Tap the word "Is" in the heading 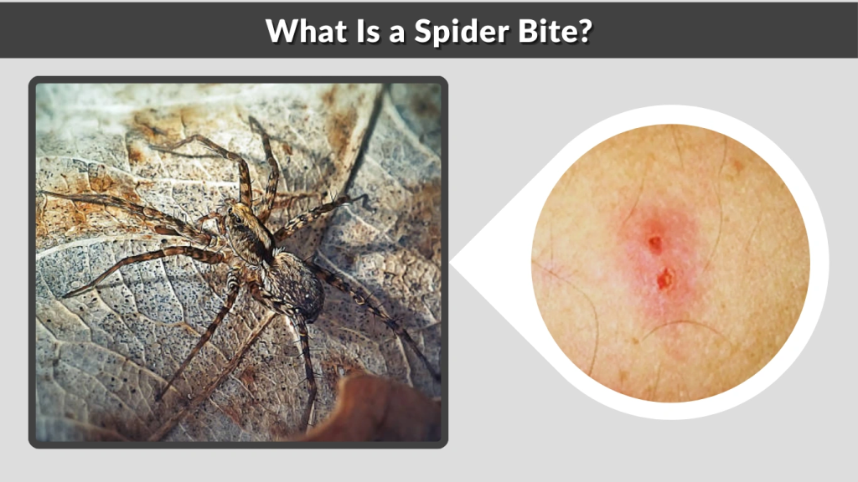(357, 32)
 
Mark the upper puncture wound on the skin (654, 244)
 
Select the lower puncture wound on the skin (664, 279)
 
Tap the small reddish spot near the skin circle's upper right (737, 165)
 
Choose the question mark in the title (585, 32)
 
